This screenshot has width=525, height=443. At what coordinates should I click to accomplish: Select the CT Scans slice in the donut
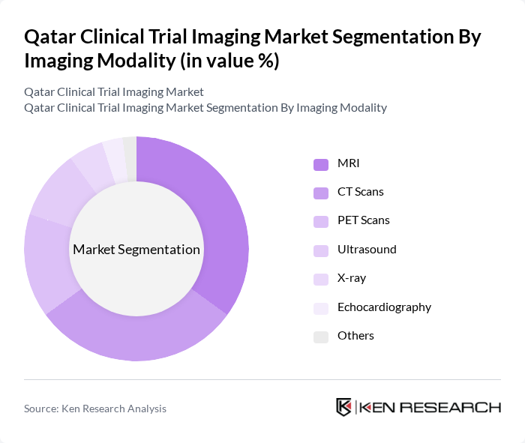pos(142,334)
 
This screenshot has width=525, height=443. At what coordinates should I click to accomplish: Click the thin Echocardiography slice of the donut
pos(115,154)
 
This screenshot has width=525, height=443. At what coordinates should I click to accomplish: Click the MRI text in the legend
pos(348,163)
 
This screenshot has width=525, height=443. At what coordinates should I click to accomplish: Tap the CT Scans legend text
pos(360,191)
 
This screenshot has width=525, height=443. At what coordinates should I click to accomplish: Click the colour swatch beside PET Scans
pos(321,220)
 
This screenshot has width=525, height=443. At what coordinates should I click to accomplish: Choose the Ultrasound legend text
pos(367,249)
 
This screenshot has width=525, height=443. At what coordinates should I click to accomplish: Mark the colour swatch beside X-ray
pos(321,278)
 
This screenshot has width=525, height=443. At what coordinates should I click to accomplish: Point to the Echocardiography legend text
pos(384,307)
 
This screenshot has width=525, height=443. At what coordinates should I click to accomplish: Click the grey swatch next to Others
pos(321,336)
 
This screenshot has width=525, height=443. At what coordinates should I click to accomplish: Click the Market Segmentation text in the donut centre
pos(136,250)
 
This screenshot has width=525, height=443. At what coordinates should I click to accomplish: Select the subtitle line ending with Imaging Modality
pos(205,107)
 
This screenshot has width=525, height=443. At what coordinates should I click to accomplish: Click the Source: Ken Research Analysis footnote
pos(95,409)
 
